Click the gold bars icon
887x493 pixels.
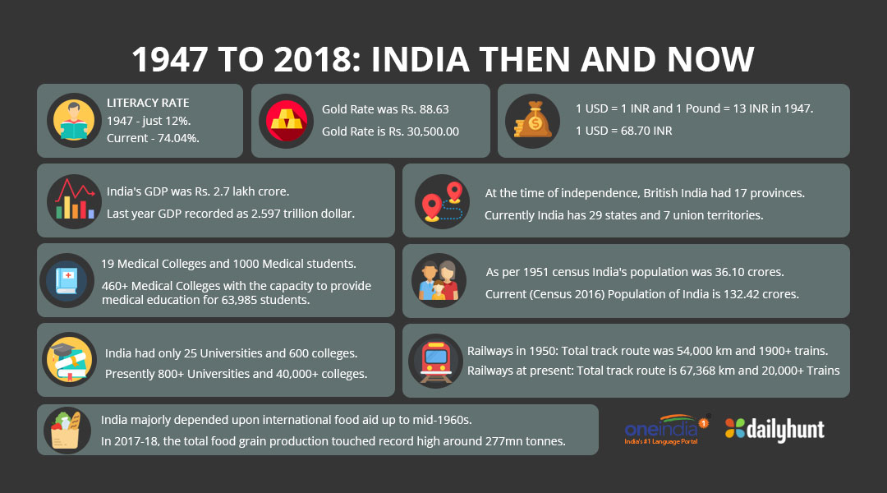click(283, 121)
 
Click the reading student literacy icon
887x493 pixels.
click(72, 121)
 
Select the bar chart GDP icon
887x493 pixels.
click(72, 201)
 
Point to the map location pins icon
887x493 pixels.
click(441, 201)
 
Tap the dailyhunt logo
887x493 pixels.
click(774, 429)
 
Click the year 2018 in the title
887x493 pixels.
click(307, 60)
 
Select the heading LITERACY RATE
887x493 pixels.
click(148, 103)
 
